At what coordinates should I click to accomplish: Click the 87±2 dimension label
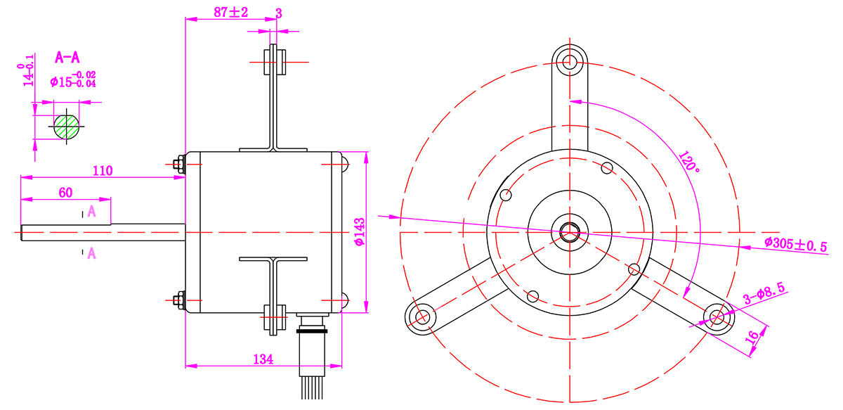230,12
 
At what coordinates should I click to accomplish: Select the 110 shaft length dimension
103,171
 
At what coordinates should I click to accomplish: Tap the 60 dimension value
65,193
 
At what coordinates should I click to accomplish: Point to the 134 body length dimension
263,359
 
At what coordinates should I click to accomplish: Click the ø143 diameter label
360,232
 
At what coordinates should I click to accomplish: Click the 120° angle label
689,162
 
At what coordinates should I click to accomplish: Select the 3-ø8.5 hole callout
764,293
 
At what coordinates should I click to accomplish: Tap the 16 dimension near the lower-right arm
752,337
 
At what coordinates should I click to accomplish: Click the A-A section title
67,58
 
